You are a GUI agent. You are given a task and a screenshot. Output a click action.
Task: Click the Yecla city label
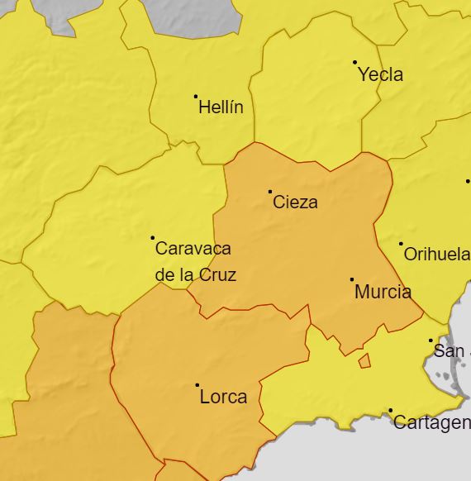point(380,74)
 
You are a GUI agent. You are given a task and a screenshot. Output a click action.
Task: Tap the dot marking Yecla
point(354,62)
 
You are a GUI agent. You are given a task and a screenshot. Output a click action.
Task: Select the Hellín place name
point(221,107)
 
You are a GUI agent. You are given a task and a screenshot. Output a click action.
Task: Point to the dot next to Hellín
point(196,96)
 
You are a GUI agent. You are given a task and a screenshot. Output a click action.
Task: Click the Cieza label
point(295,202)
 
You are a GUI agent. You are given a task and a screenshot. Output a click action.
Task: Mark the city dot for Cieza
point(269,192)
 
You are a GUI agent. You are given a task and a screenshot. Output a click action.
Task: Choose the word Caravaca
point(193,248)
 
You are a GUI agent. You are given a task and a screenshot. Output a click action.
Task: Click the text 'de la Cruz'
point(196,274)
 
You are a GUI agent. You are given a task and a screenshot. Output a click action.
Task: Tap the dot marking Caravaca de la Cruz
point(152,238)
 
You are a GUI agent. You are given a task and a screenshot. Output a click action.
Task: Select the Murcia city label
point(383,292)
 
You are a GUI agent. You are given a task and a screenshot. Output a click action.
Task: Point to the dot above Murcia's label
point(351,279)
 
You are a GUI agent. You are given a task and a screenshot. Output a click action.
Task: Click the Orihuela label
point(436,255)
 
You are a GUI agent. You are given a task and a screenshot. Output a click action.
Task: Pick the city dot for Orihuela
point(401,244)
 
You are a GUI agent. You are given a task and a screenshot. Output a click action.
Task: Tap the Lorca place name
point(223,397)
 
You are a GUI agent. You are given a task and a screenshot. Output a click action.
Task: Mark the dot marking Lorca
point(197,385)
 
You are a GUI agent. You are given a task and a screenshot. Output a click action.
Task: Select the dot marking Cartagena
point(390,410)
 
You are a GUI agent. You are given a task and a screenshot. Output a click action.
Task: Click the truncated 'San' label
point(450,351)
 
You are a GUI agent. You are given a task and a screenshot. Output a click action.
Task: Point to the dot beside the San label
point(431,341)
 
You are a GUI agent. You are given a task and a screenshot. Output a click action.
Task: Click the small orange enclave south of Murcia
point(364,361)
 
